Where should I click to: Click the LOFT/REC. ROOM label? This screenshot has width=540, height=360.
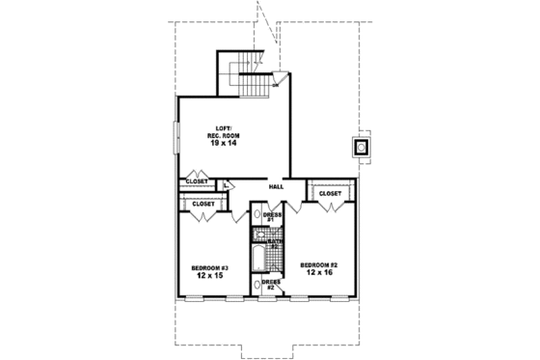pyautogui.click(x=229, y=132)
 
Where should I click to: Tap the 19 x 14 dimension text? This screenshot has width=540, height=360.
pyautogui.click(x=229, y=143)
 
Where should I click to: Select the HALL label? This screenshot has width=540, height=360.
pyautogui.click(x=275, y=186)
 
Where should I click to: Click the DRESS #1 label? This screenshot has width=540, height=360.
pyautogui.click(x=272, y=216)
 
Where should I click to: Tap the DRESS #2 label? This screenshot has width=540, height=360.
pyautogui.click(x=271, y=285)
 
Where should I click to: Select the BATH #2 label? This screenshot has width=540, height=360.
pyautogui.click(x=273, y=244)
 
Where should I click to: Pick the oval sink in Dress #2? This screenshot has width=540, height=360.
pyautogui.click(x=258, y=286)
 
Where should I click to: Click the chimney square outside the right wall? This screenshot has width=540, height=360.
pyautogui.click(x=361, y=148)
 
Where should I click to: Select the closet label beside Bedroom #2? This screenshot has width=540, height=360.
pyautogui.click(x=330, y=193)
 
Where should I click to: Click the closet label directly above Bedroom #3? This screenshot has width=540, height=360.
pyautogui.click(x=202, y=205)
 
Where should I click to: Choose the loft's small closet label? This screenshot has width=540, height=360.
pyautogui.click(x=197, y=181)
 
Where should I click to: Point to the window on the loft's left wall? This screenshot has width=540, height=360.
pyautogui.click(x=175, y=137)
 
